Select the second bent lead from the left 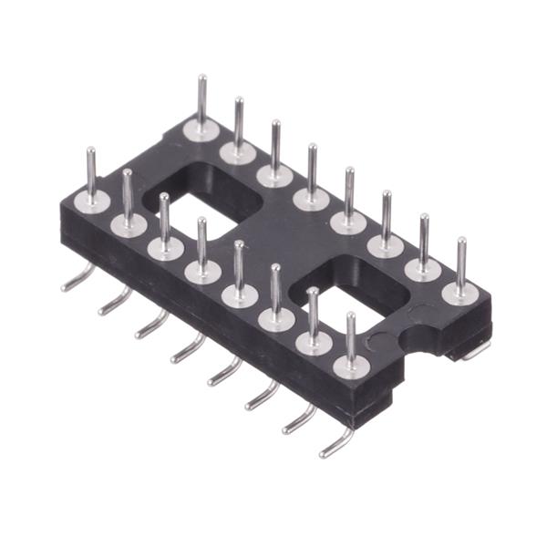tap(115, 300)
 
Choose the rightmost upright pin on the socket tap(461, 261)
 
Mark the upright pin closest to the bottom tap(350, 336)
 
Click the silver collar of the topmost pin tap(201, 129)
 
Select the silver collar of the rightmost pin tap(460, 292)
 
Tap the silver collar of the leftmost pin tap(93, 200)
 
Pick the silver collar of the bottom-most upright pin tap(350, 365)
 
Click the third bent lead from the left tap(152, 324)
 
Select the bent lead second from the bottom tap(299, 419)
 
